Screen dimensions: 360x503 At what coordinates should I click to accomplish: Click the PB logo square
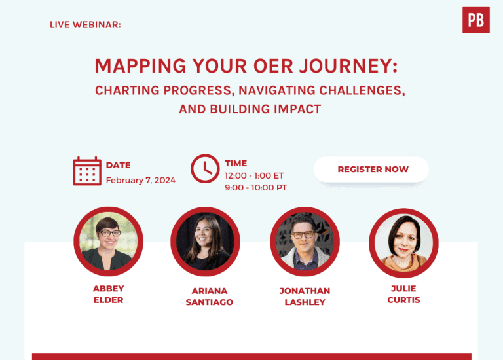[x=475, y=20]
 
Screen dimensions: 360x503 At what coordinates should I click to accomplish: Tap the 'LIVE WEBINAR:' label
[x=85, y=24]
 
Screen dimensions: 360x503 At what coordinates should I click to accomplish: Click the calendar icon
[x=87, y=171]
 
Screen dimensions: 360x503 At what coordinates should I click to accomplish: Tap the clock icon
[x=204, y=169]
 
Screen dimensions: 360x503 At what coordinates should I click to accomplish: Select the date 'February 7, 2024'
[x=140, y=181]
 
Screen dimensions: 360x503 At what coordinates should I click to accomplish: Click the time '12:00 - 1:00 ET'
[x=254, y=176]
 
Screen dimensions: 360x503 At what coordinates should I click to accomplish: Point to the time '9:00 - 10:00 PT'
[x=255, y=188]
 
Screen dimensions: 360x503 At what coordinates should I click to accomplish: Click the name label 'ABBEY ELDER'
[x=108, y=295]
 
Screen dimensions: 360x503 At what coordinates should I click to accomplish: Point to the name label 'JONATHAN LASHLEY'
[x=305, y=297]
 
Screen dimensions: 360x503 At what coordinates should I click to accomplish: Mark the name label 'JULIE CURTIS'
[x=403, y=294]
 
